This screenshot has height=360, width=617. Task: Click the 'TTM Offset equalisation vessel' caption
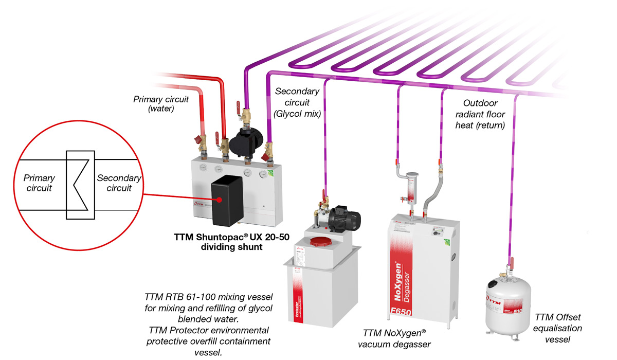[558, 328]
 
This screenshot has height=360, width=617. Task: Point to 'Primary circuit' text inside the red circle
[40, 183]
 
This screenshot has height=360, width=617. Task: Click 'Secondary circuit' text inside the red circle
[119, 183]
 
